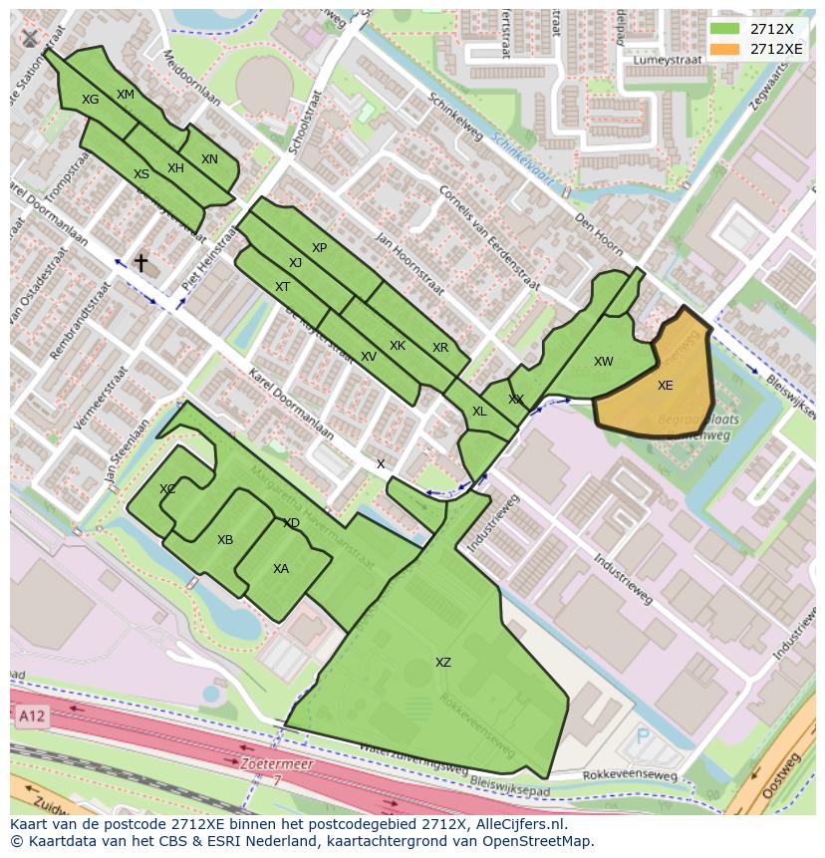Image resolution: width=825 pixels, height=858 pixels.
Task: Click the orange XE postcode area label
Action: pos(665,386)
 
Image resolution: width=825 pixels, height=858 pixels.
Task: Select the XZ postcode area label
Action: pos(442,663)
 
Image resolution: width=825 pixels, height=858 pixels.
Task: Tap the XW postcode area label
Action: pos(603,362)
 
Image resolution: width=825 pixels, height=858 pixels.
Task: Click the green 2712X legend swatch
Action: pos(725,29)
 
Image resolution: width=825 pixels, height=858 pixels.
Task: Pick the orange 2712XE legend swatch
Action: pos(725,49)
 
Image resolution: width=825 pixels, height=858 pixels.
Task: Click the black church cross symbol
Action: pos(140,263)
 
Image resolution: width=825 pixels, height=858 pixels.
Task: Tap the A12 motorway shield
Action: pos(30,715)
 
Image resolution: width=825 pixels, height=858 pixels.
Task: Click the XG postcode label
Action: pos(91,100)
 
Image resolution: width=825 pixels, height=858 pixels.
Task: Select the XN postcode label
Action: pos(209,159)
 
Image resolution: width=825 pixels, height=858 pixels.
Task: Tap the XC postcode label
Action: pos(167,489)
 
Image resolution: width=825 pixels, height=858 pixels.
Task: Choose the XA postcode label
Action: pos(281,569)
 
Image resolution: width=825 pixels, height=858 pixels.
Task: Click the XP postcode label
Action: pos(319,248)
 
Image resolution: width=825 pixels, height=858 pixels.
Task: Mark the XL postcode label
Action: pos(479,412)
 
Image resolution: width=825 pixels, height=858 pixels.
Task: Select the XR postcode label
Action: pos(440,348)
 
